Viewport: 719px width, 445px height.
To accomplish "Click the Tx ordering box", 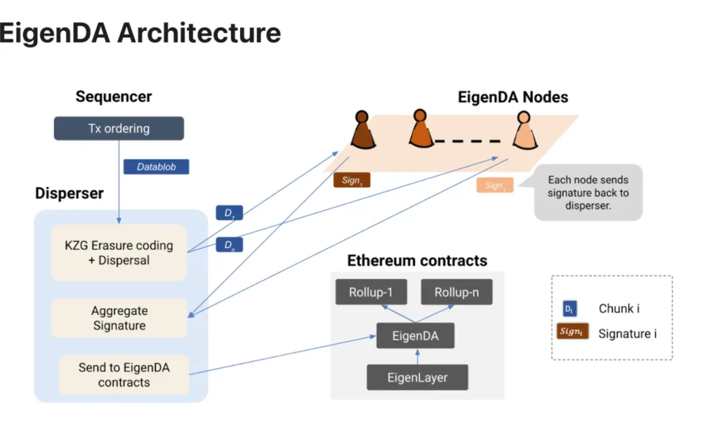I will coord(119,129).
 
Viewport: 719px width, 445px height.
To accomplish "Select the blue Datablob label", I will coord(156,167).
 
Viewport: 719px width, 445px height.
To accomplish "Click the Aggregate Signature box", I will coord(119,318).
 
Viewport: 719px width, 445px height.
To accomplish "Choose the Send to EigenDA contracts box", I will coord(124,374).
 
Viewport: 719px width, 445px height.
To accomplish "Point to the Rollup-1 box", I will coord(370,292).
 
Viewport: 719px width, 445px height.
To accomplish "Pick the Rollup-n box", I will coord(456,292).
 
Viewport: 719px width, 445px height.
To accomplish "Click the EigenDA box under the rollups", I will coord(415,335).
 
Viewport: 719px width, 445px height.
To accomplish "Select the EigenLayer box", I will coord(417,378).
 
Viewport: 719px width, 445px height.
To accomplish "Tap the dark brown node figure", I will coord(362,130).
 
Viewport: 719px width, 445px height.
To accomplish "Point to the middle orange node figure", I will coord(419,128).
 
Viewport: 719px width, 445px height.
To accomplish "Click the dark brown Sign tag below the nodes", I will coord(351,181).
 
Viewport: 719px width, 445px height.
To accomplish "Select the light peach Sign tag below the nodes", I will coord(494,186).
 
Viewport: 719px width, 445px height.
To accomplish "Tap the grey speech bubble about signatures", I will coord(588,193).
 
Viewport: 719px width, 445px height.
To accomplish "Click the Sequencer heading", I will coord(114,97).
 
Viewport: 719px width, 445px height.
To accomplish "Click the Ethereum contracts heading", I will coord(417,261).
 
